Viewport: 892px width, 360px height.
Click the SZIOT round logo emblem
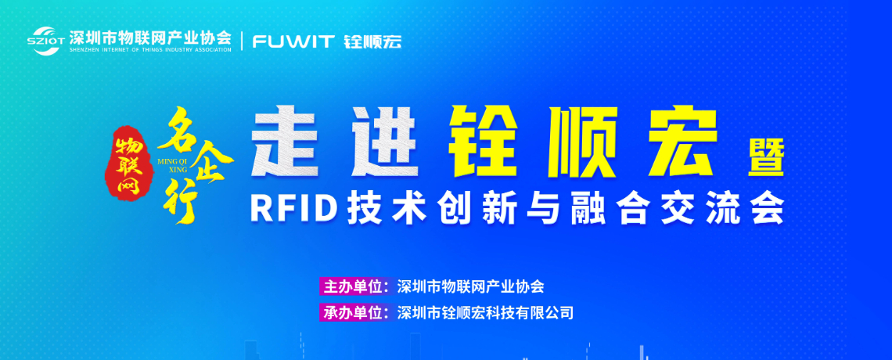tap(46, 41)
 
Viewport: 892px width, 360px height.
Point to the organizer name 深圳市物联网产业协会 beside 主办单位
tap(470, 286)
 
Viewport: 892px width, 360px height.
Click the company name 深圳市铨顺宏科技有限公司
tap(485, 312)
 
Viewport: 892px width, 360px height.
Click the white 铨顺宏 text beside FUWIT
tap(373, 41)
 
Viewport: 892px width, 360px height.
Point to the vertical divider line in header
tap(243, 41)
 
